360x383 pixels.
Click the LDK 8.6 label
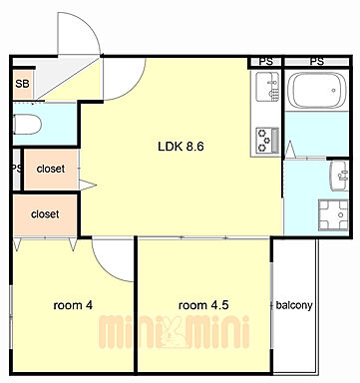click(x=180, y=147)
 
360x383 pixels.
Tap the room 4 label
click(x=73, y=305)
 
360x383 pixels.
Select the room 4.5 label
click(x=203, y=305)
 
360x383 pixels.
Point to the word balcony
click(x=294, y=305)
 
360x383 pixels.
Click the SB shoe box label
click(x=22, y=84)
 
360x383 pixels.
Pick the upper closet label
click(x=51, y=169)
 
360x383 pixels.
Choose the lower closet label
click(x=45, y=213)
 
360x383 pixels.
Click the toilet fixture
click(x=27, y=125)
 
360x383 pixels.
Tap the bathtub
click(x=316, y=90)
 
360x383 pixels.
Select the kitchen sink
click(x=267, y=87)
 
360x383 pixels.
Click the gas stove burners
click(x=267, y=140)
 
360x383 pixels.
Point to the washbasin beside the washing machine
click(x=339, y=176)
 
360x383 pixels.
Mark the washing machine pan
click(x=333, y=214)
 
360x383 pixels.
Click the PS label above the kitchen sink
click(x=266, y=62)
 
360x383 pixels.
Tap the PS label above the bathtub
click(x=317, y=62)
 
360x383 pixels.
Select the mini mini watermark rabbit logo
click(x=173, y=332)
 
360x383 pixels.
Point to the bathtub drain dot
click(x=333, y=90)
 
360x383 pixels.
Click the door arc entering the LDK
click(x=137, y=88)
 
